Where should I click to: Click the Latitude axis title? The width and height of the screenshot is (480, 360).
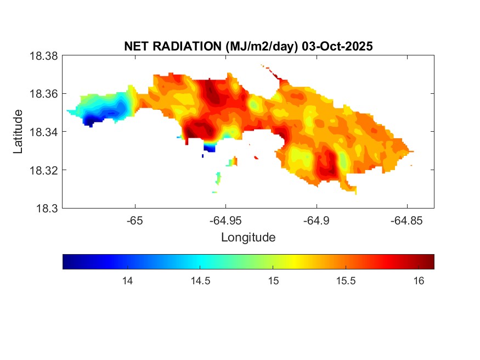coord(19,132)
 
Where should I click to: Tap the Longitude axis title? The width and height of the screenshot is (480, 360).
coord(248,238)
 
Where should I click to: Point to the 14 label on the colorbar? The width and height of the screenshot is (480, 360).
coord(127,281)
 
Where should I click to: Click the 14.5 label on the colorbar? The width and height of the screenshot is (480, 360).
coord(200,281)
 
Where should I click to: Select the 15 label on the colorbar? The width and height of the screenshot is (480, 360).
coord(273,281)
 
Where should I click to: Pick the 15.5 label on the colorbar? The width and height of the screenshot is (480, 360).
coord(346,281)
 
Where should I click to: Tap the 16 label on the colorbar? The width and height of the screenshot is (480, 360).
coord(419,281)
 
